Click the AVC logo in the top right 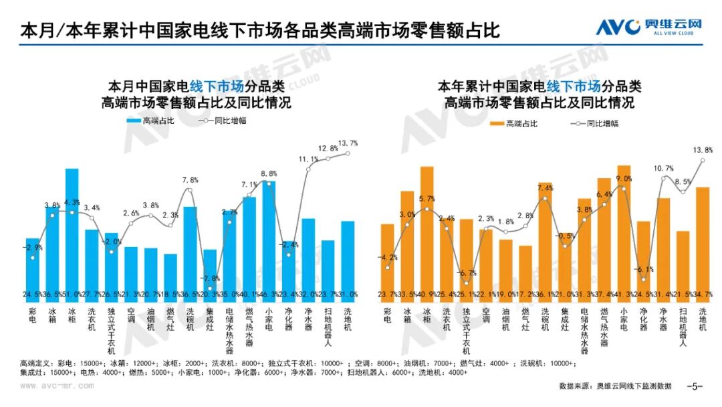[649, 26]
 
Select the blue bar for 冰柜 [72, 231]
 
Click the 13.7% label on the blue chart [349, 143]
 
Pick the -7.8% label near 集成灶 [211, 278]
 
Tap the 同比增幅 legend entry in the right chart [594, 123]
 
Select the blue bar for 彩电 [32, 266]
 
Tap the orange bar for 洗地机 [702, 241]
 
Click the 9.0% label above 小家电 [623, 179]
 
